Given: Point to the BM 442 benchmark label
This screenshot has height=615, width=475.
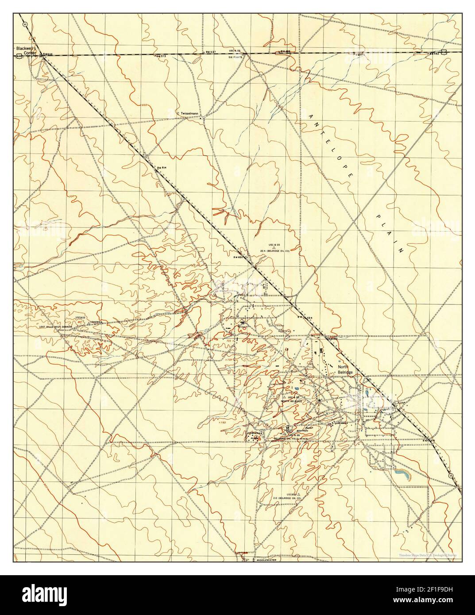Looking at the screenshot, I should (436, 54).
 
